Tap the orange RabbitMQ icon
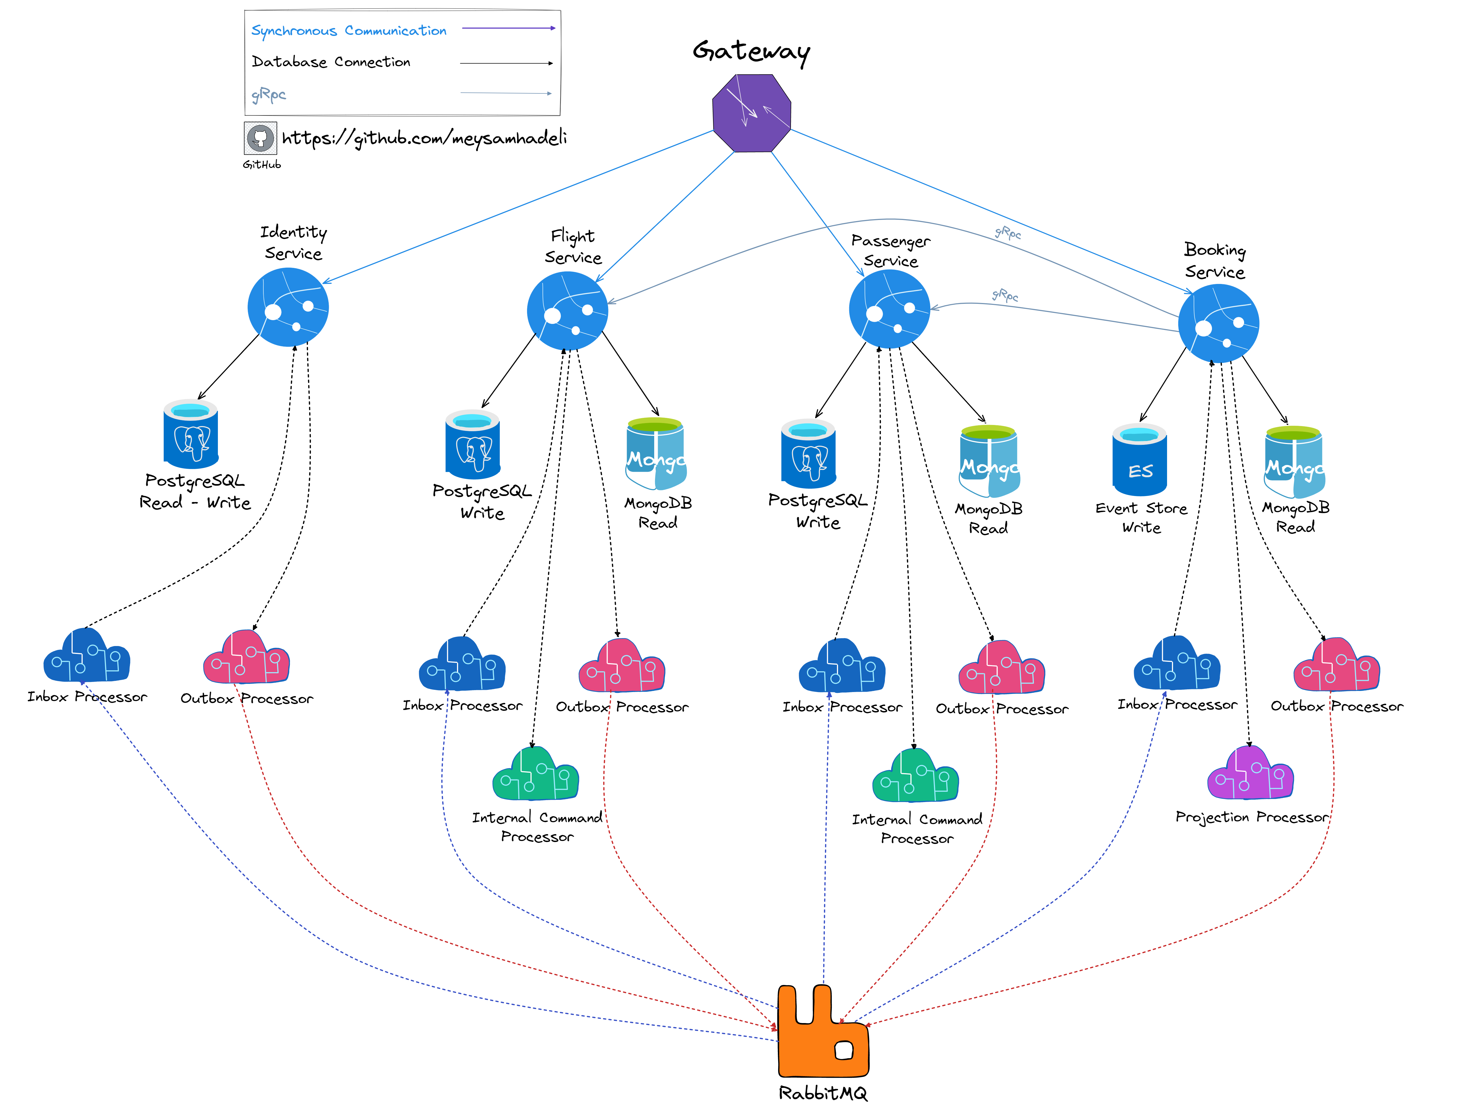tap(823, 1032)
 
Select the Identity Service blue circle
tap(288, 307)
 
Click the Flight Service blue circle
tap(567, 311)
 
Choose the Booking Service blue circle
tap(1219, 323)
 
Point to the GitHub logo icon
tap(260, 138)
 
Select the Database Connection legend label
tap(331, 62)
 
